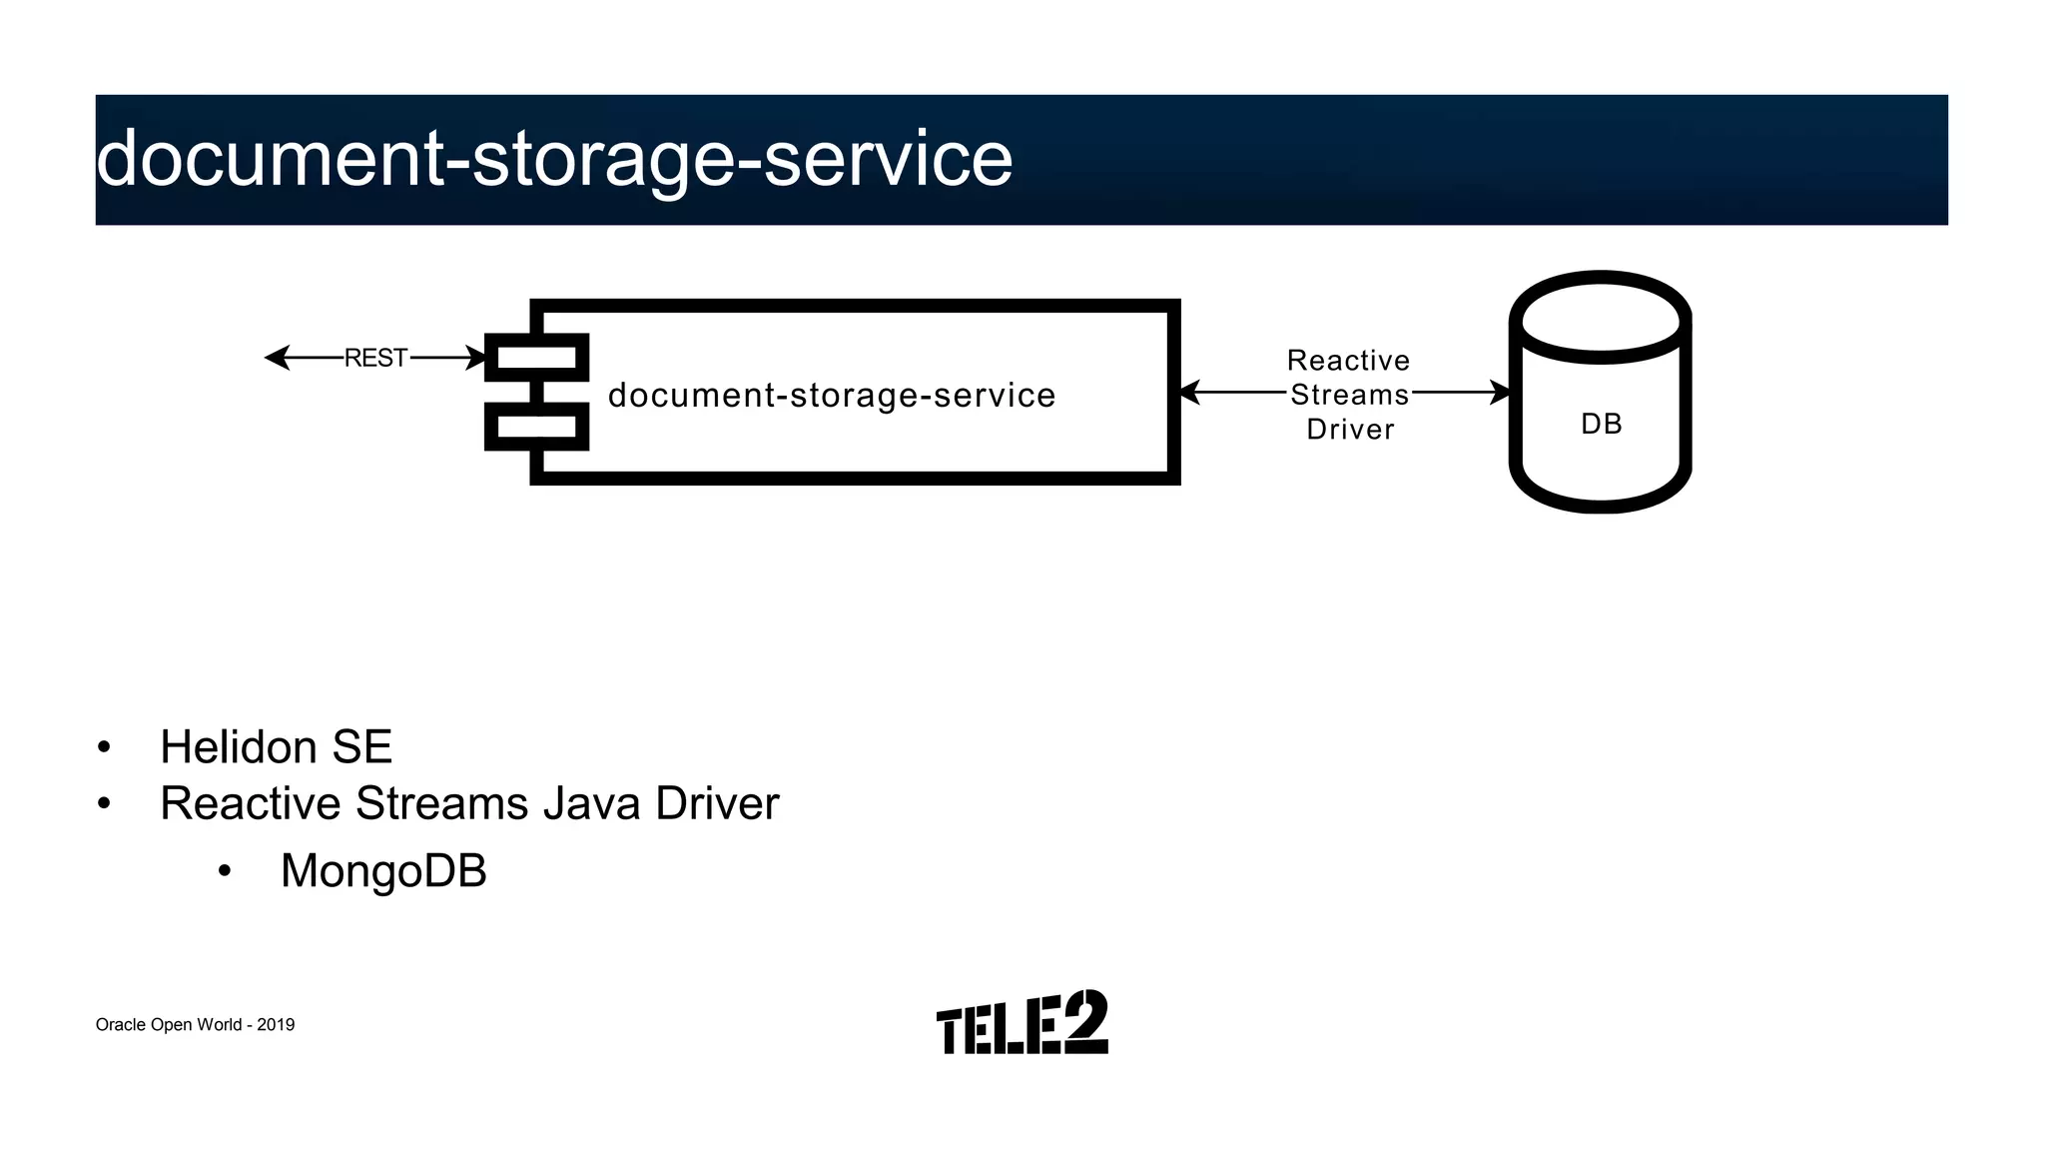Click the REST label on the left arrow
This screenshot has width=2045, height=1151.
pos(375,358)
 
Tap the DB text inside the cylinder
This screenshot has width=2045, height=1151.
pos(1602,424)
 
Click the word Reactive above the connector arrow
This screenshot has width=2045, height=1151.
pos(1348,360)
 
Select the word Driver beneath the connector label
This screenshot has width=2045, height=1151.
pos(1350,429)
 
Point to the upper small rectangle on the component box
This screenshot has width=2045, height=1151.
pos(536,358)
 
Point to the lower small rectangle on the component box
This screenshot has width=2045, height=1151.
pos(536,427)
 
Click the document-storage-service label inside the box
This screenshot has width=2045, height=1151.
pos(832,395)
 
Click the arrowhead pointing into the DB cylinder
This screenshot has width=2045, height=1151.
pos(1501,393)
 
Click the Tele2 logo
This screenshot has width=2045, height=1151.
pos(1022,1023)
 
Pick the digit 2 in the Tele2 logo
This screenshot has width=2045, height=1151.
pos(1085,1021)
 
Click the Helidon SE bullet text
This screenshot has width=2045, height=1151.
pos(276,746)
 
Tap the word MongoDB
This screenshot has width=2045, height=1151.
pos(383,870)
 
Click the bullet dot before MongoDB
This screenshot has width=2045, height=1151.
pos(225,872)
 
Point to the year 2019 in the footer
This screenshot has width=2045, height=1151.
pos(276,1025)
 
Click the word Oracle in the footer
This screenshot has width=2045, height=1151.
pos(120,1025)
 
